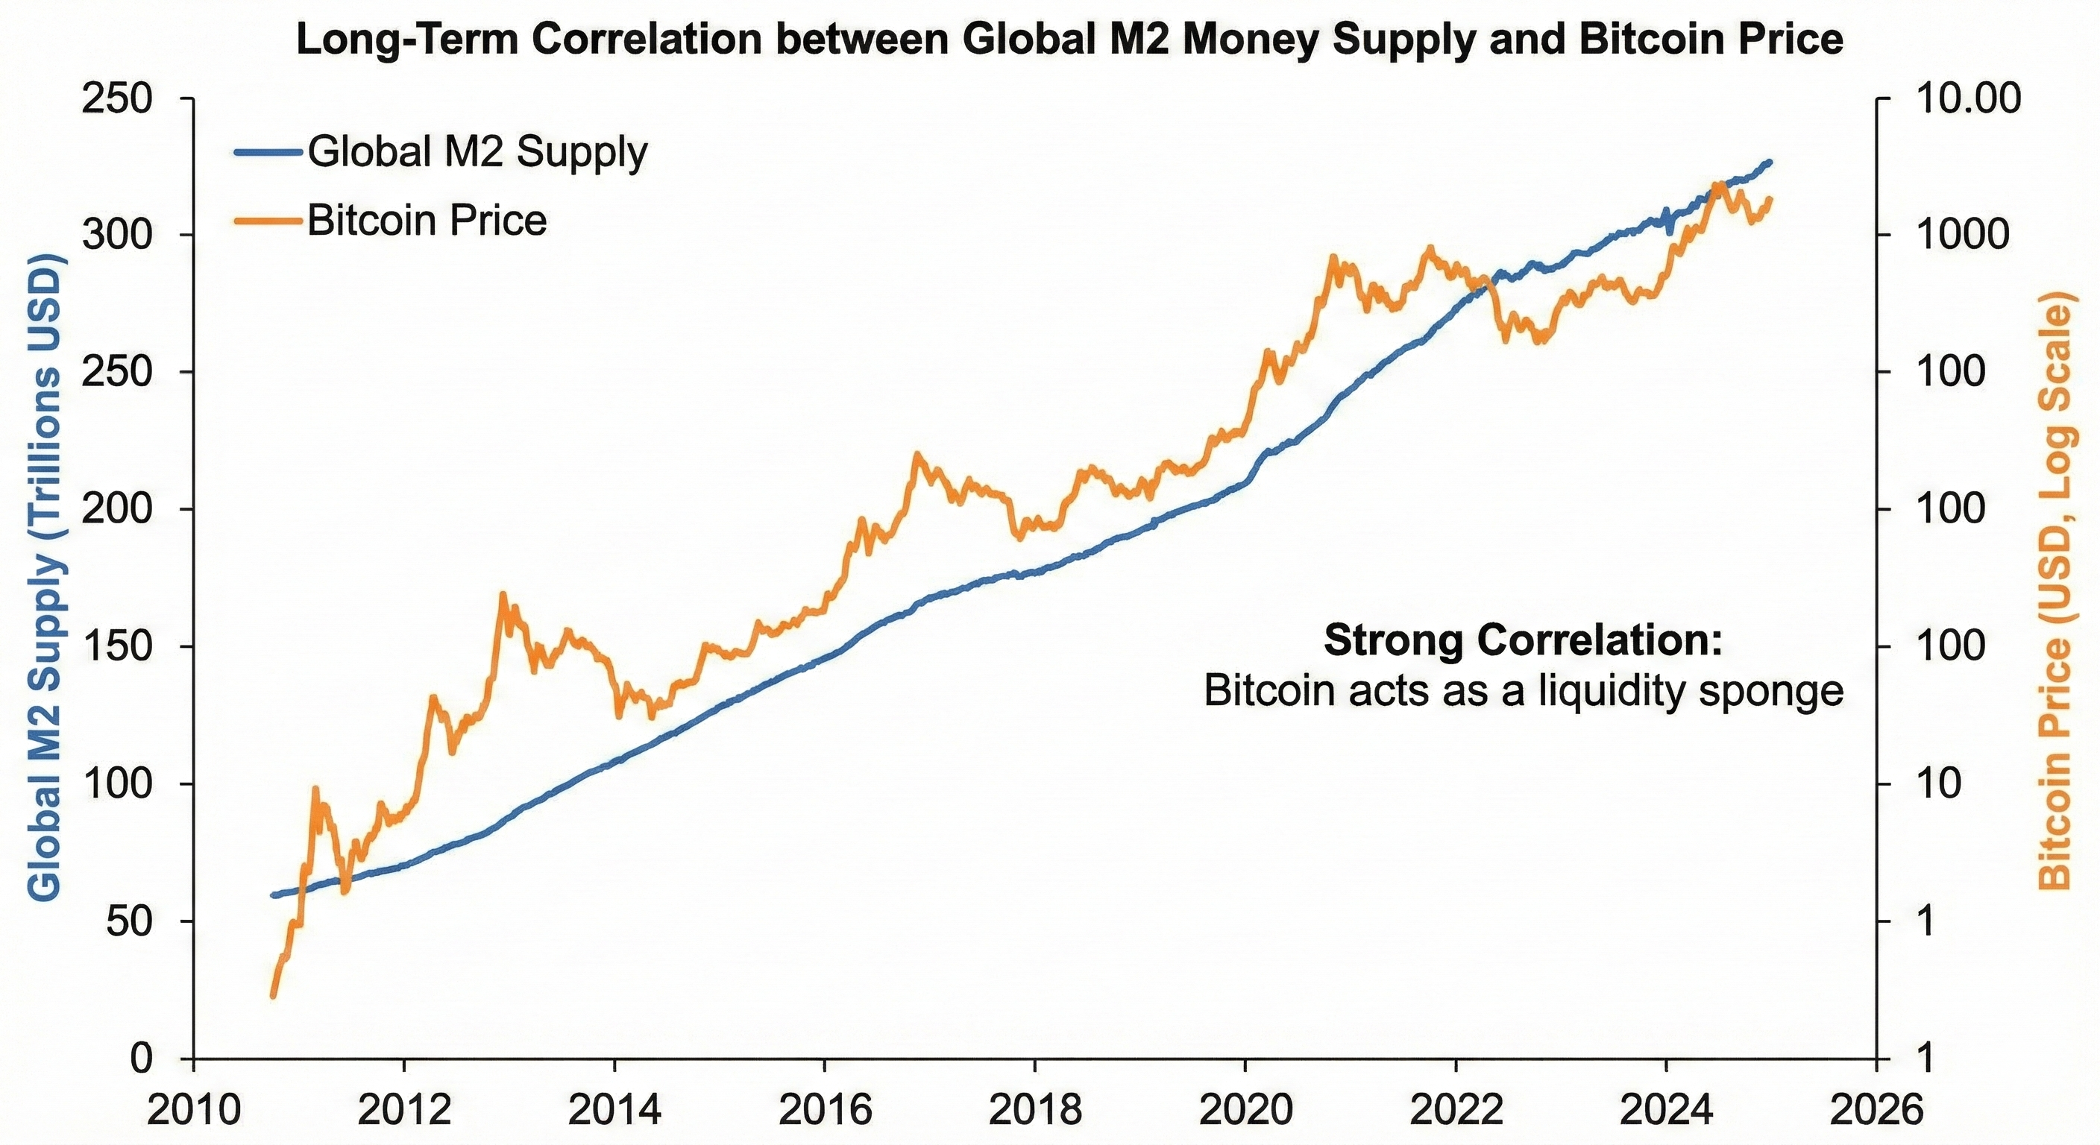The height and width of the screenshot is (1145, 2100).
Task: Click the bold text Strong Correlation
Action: pyautogui.click(x=1523, y=640)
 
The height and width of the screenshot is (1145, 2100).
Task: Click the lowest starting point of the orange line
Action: pyautogui.click(x=273, y=996)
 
